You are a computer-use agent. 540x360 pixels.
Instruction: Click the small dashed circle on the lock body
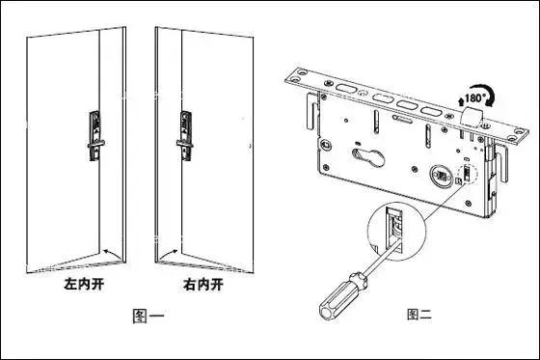pos(468,176)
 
